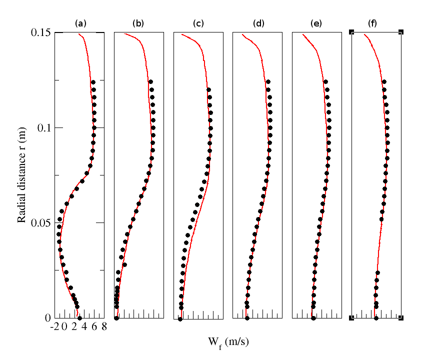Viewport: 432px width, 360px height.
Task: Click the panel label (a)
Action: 80,23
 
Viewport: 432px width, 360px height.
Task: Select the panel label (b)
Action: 138,23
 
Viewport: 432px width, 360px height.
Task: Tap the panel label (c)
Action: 198,23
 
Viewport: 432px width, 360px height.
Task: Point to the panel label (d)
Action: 257,23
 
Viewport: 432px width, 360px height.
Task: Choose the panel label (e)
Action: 316,23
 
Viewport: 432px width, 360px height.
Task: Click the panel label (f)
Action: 372,23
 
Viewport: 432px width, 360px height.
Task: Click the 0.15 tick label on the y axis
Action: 39,32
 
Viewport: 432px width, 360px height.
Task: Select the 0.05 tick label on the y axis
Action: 39,222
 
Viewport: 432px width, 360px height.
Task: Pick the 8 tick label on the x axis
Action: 104,327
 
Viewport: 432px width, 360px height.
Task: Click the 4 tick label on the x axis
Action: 84,327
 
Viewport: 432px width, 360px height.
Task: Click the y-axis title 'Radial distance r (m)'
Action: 21,174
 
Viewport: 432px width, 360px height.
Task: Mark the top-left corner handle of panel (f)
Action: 351,32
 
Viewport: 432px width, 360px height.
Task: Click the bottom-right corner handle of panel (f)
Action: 401,317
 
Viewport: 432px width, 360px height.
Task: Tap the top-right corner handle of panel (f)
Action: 401,32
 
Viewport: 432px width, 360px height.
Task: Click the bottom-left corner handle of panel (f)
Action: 351,317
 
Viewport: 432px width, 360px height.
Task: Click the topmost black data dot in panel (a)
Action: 93,82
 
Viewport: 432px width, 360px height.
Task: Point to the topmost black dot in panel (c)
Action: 208,90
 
